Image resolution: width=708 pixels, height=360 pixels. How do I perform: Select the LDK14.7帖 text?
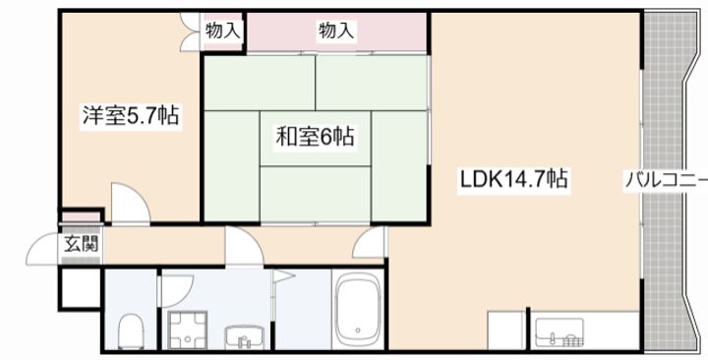click(512, 181)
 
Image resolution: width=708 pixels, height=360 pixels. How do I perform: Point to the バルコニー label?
click(665, 181)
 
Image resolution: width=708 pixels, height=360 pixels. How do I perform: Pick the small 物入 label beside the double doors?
click(223, 30)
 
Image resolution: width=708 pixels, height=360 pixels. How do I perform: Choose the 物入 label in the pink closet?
click(335, 30)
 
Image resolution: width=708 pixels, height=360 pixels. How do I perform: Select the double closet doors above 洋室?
click(192, 30)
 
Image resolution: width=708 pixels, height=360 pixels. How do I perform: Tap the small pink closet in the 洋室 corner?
click(81, 216)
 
